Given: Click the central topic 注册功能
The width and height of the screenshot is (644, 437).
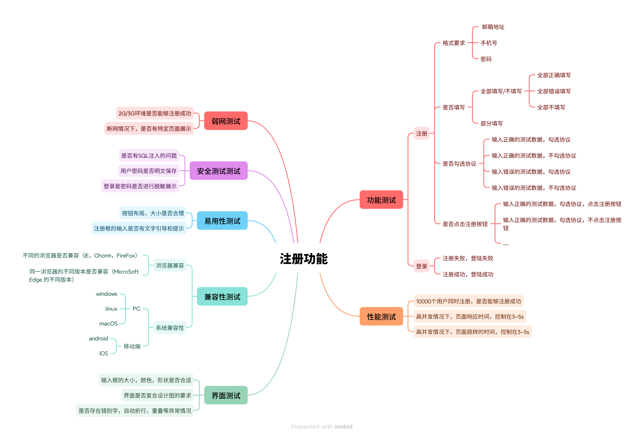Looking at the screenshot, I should (x=303, y=259).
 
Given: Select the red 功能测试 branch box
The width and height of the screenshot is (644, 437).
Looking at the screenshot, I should (x=381, y=200).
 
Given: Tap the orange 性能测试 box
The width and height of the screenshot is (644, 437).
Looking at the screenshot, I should (x=381, y=316).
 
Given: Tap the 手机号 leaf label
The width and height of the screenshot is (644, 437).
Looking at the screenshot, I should (x=489, y=43).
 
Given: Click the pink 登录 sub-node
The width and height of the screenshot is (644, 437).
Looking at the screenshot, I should (x=421, y=266).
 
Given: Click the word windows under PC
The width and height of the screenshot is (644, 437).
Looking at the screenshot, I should (x=106, y=294).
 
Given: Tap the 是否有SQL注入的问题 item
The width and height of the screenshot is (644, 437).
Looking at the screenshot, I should (x=149, y=156).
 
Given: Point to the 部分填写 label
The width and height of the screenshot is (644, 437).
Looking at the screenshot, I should (x=491, y=123).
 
